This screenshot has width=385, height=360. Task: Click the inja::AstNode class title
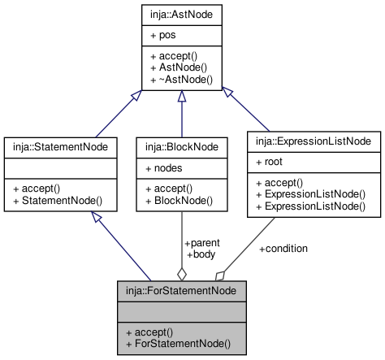[181, 15]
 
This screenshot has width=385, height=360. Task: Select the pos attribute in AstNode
[163, 36]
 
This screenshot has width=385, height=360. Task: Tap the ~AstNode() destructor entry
[182, 80]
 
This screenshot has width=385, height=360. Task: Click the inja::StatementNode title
[60, 147]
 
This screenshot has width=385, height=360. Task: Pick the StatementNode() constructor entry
[58, 201]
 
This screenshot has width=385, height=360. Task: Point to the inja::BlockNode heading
[182, 147]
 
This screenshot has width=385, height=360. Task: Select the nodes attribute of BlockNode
[164, 168]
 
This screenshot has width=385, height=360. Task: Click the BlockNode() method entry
[180, 201]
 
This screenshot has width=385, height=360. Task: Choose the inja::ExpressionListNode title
[314, 141]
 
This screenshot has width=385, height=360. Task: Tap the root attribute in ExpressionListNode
[269, 162]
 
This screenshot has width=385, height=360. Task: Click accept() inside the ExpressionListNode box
[279, 183]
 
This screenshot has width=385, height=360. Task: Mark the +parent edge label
[202, 243]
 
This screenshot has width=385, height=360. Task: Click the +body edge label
[201, 254]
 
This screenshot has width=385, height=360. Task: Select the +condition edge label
[283, 249]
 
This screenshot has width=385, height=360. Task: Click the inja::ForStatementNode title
[181, 291]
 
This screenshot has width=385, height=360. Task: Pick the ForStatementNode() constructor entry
[179, 344]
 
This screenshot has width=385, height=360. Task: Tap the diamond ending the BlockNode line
[182, 275]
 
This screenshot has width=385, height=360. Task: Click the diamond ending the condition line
[220, 276]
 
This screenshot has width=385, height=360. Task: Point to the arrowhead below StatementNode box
[97, 217]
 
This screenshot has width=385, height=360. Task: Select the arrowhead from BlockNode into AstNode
[182, 96]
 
